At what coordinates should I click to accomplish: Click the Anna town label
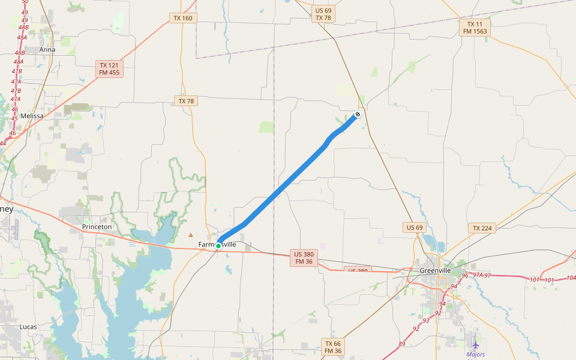(x=47, y=50)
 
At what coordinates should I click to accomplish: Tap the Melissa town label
(x=32, y=116)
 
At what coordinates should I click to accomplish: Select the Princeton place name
(x=97, y=227)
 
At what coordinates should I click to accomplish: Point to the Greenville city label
(x=435, y=271)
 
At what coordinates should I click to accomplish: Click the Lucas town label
(x=28, y=327)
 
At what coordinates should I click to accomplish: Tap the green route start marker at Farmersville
(x=218, y=246)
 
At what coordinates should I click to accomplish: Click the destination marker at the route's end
(x=358, y=113)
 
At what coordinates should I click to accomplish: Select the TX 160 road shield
(x=183, y=18)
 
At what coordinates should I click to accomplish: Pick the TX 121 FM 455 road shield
(x=109, y=69)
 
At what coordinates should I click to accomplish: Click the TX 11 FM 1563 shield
(x=475, y=28)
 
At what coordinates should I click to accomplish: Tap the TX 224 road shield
(x=482, y=229)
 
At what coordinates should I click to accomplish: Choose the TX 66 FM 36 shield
(x=333, y=347)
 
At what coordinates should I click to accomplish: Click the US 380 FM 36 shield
(x=304, y=257)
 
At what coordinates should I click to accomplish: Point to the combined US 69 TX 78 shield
(x=323, y=14)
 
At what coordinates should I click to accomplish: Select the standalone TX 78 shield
(x=186, y=101)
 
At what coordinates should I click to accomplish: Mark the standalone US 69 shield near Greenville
(x=415, y=227)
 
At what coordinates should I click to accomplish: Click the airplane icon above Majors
(x=476, y=345)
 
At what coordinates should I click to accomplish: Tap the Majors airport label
(x=476, y=355)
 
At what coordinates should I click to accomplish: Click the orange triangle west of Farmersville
(x=191, y=235)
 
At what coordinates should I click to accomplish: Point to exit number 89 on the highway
(x=401, y=344)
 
